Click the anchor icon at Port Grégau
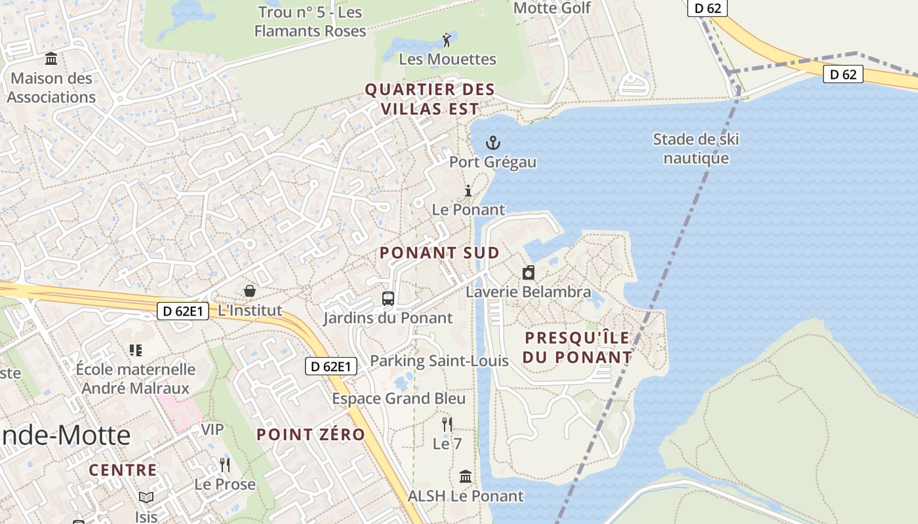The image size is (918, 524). [492, 142]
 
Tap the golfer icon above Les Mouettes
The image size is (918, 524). [447, 40]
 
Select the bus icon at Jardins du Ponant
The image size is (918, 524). [388, 299]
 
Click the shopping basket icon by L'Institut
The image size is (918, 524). [250, 290]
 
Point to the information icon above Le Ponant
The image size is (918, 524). [468, 191]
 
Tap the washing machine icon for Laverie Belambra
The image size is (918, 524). [529, 272]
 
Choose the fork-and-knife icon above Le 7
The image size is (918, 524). [447, 424]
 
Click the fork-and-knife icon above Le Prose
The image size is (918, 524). [225, 465]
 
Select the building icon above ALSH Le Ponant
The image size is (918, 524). [466, 476]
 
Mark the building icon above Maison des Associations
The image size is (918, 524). [51, 59]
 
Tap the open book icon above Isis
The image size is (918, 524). [146, 498]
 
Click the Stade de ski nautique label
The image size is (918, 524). [696, 149]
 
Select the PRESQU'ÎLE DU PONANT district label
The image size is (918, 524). [578, 348]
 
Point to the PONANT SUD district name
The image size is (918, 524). [439, 253]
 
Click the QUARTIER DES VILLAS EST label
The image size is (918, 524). [429, 99]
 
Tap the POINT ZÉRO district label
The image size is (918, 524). [310, 434]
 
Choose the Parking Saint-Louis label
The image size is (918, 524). [439, 361]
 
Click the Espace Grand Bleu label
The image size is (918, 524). [399, 399]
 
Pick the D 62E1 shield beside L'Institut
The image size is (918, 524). [183, 311]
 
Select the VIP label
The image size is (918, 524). [212, 430]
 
